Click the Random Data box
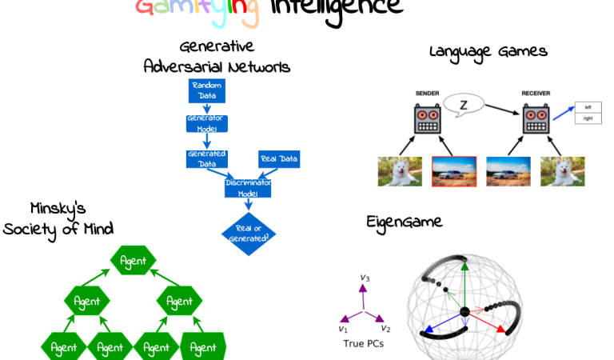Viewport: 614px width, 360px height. click(x=206, y=90)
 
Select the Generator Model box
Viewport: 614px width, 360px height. click(x=206, y=123)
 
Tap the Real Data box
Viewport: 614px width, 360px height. click(x=279, y=160)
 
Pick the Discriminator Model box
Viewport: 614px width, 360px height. click(x=249, y=188)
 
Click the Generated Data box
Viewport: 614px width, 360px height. click(x=206, y=158)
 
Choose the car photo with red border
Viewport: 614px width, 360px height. click(x=454, y=170)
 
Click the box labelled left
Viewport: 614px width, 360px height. click(x=588, y=106)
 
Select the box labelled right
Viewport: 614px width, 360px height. click(x=588, y=118)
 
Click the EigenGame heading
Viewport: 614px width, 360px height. click(x=404, y=221)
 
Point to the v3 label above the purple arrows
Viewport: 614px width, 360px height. click(x=365, y=278)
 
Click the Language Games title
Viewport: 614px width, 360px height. click(x=488, y=51)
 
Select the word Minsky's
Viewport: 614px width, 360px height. click(x=58, y=210)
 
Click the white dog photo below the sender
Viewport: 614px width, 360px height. click(x=400, y=170)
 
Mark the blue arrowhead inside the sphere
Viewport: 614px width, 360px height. click(x=427, y=329)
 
